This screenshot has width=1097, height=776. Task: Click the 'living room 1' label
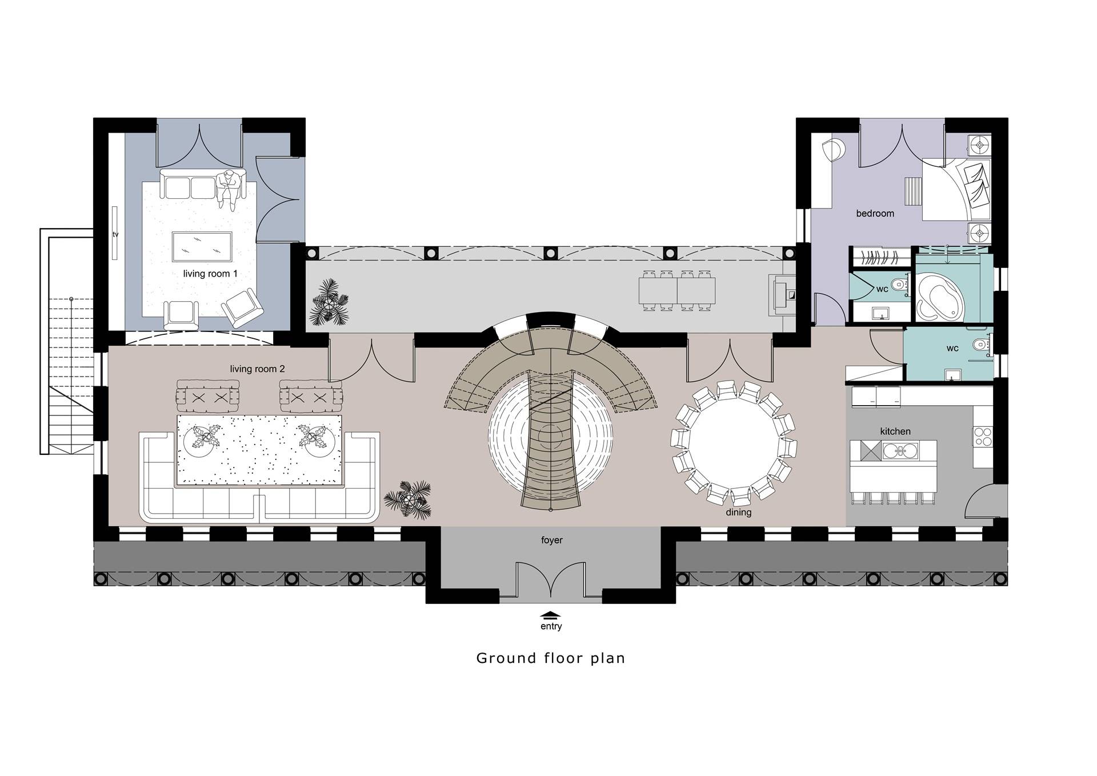[x=210, y=274]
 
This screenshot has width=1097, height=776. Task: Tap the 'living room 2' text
[x=257, y=369]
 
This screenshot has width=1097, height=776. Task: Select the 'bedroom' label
[x=875, y=214]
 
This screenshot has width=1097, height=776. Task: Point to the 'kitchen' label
[x=895, y=431]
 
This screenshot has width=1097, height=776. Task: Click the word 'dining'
[x=739, y=513]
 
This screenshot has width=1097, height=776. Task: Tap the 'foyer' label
[x=552, y=540]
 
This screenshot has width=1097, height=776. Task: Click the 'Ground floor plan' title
[x=551, y=658]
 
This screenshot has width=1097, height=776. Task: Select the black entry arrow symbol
[x=551, y=615]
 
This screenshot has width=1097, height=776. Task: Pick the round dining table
[x=732, y=444]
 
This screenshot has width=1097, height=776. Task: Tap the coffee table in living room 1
[x=202, y=247]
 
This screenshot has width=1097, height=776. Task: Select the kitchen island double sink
[x=900, y=451]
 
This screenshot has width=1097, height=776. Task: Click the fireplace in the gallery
[x=783, y=295]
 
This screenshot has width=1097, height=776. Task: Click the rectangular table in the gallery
[x=677, y=290]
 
